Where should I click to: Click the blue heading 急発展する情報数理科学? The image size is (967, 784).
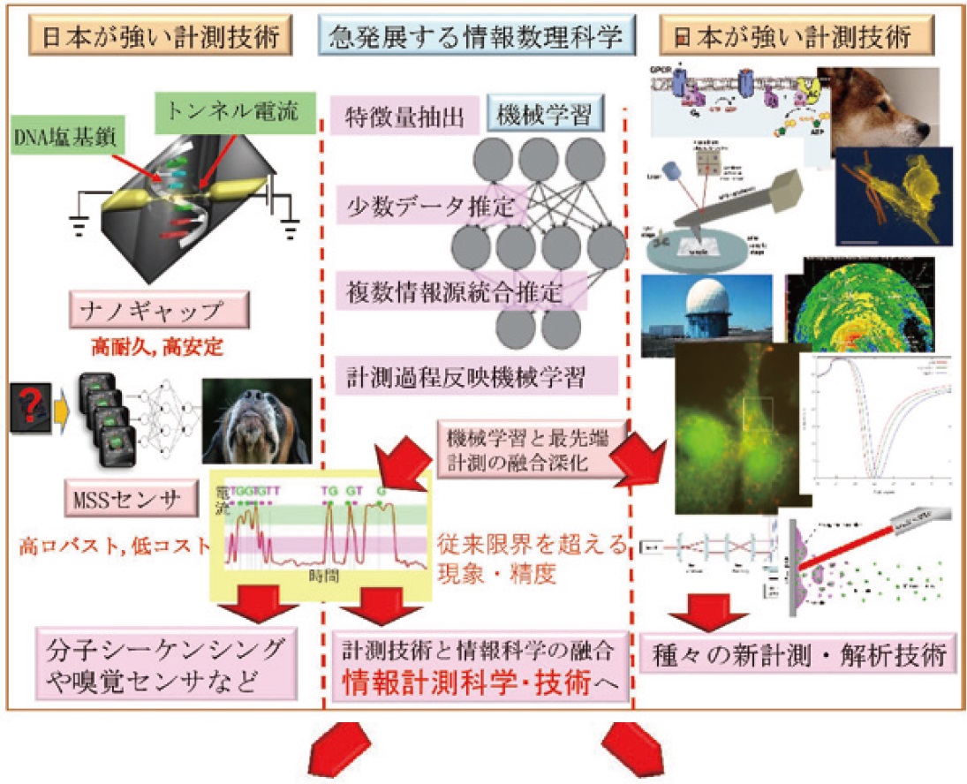pos(476,36)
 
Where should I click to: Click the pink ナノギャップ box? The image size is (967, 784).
pos(158,312)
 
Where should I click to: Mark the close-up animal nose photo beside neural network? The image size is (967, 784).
pos(256,420)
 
